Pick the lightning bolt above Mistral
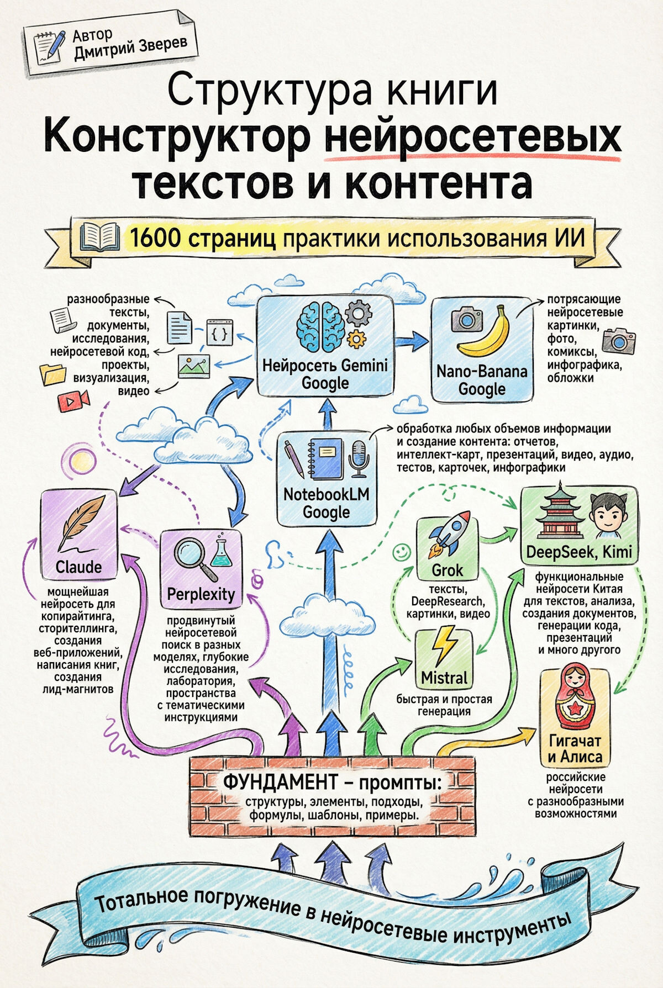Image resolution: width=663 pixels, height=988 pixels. [444, 646]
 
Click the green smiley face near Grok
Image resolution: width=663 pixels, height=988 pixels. [402, 551]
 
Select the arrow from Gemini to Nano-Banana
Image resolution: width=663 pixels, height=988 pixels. [412, 342]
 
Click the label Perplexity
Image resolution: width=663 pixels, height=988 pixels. [201, 594]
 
